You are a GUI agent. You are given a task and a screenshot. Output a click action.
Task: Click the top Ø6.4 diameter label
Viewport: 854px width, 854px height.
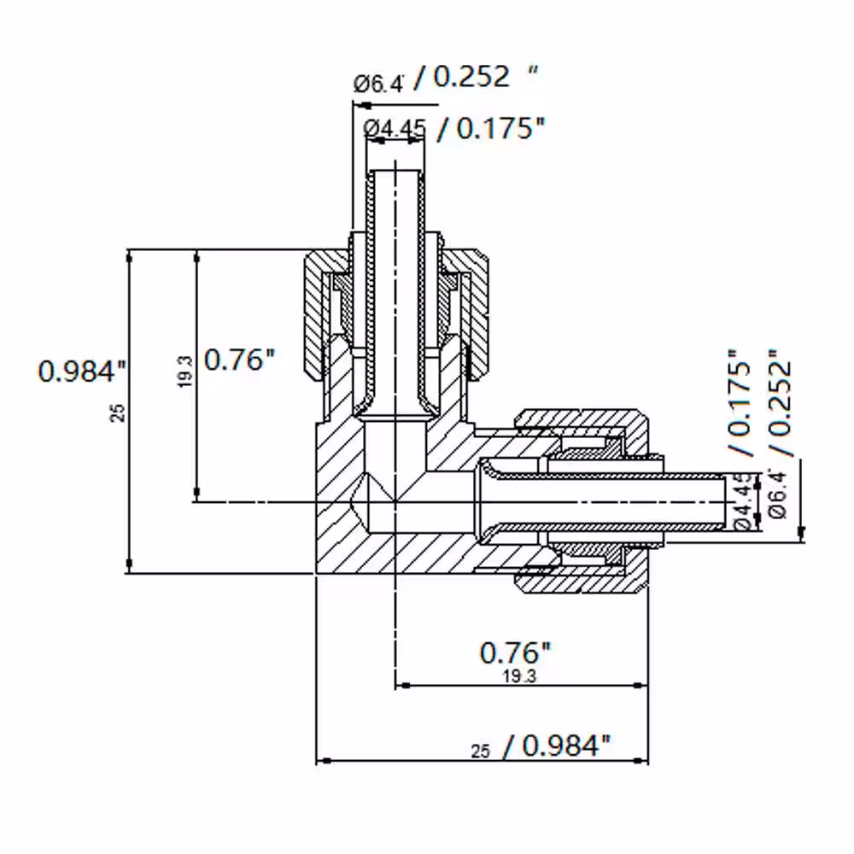pyautogui.click(x=379, y=84)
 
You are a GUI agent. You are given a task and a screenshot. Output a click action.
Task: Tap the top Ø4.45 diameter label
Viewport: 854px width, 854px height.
pyautogui.click(x=395, y=129)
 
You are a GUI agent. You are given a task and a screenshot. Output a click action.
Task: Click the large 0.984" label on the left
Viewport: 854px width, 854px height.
pyautogui.click(x=82, y=371)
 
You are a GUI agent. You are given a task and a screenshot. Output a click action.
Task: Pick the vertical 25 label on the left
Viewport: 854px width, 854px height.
pyautogui.click(x=118, y=412)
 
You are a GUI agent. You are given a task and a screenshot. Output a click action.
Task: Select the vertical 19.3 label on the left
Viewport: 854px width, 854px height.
pyautogui.click(x=185, y=371)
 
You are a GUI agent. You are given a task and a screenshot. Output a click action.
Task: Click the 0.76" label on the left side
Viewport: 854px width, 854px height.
pyautogui.click(x=240, y=360)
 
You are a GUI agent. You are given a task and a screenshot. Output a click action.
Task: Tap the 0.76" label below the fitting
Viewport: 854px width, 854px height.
pyautogui.click(x=515, y=652)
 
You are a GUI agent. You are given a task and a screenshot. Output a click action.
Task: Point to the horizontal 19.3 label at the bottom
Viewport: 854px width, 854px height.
pyautogui.click(x=519, y=676)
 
